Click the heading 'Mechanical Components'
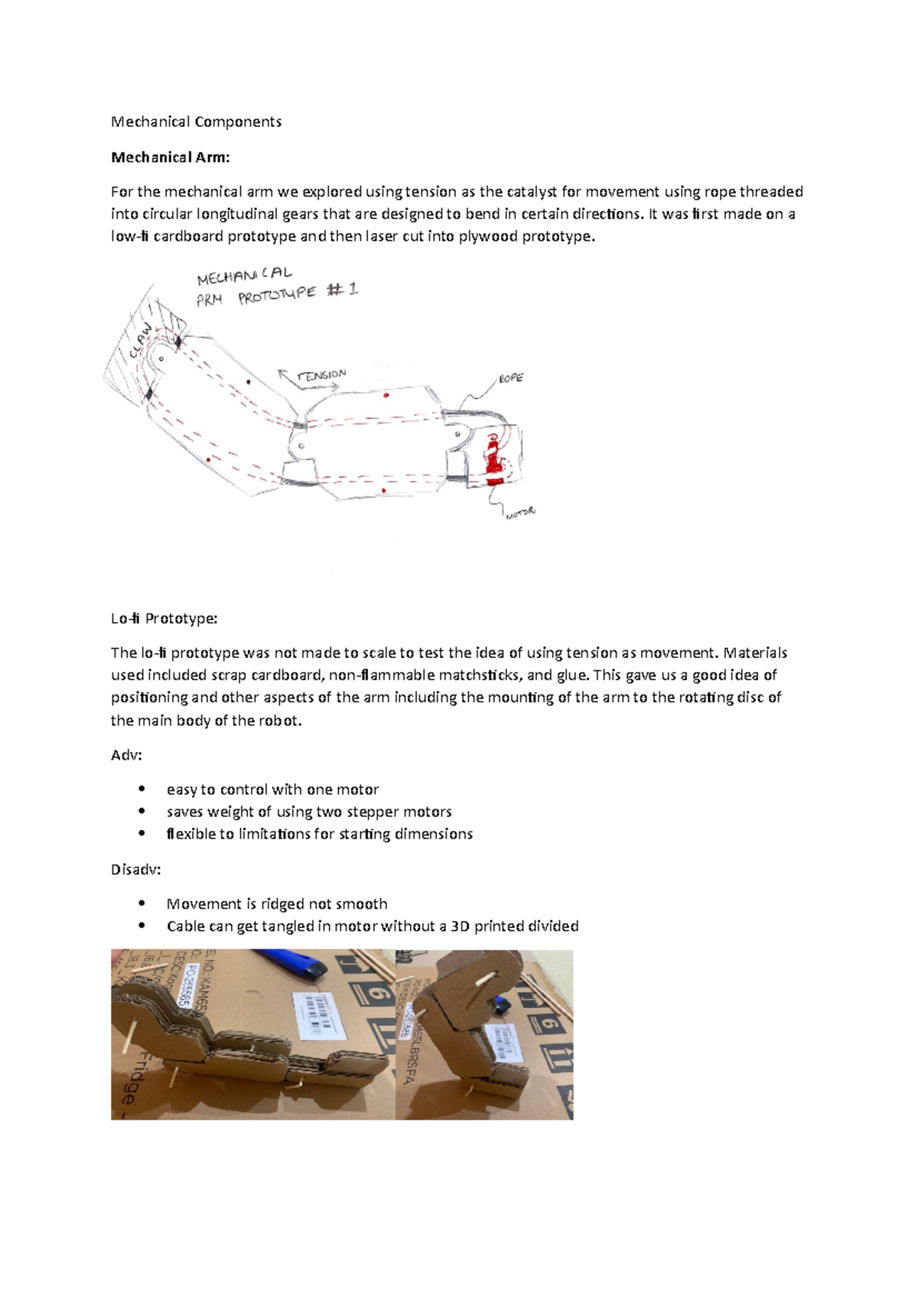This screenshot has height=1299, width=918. coord(196,122)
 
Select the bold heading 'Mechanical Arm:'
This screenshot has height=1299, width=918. coord(170,158)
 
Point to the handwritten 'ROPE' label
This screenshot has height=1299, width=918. coord(511,378)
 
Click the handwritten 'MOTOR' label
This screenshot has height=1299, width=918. coord(521,513)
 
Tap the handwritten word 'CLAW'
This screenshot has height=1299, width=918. coord(141,341)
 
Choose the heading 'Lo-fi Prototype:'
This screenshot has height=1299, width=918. coord(164,618)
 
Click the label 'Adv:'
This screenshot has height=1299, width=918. coord(126,755)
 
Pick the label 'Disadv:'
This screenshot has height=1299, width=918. coord(135,870)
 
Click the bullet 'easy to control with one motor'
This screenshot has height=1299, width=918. coord(272,789)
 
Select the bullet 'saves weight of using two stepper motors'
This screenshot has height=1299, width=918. coord(308,812)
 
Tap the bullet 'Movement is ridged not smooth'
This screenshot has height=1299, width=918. coord(276,904)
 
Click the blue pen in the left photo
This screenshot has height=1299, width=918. coord(287,965)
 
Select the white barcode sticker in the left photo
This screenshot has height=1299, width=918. coord(314,1014)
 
